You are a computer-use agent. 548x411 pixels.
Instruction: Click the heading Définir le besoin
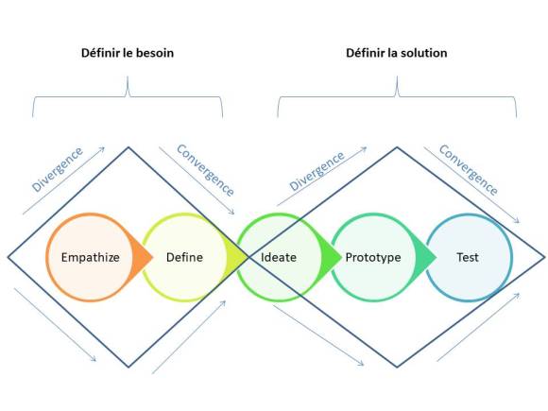[127, 53]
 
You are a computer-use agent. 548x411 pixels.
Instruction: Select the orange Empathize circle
[89, 257]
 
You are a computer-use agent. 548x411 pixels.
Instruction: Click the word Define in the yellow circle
[184, 257]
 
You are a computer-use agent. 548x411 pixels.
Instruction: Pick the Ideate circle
[279, 257]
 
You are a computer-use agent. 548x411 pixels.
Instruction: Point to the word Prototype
[372, 257]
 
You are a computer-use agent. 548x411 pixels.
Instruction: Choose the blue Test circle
[468, 257]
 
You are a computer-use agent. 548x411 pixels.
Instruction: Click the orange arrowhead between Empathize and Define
[142, 257]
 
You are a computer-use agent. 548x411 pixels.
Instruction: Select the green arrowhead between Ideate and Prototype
[331, 257]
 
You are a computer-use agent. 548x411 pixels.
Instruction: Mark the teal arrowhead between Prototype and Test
[426, 257]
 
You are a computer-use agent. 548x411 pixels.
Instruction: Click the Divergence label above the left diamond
[57, 168]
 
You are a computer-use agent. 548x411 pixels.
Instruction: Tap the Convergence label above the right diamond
[468, 169]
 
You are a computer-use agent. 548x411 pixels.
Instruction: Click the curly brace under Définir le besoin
[127, 94]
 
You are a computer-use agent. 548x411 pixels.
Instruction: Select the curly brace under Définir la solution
[397, 94]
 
